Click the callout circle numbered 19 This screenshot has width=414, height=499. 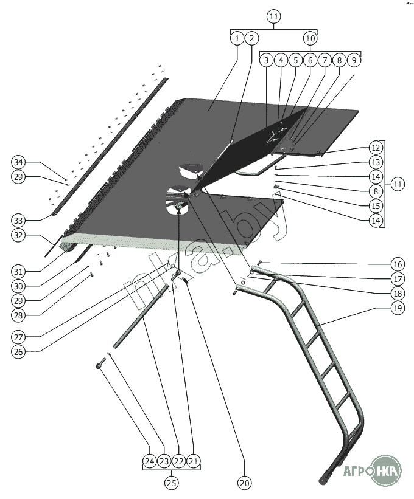[x=398, y=308]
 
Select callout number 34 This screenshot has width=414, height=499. [x=18, y=162]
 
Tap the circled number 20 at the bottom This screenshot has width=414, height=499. [x=245, y=483]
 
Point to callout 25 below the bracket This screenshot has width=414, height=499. [x=172, y=483]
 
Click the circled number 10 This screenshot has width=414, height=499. [x=310, y=38]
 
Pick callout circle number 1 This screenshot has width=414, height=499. [x=237, y=38]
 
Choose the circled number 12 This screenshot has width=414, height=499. [x=376, y=148]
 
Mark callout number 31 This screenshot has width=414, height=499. [x=18, y=272]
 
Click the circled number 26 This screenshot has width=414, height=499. [x=18, y=352]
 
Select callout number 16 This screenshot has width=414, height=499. [x=398, y=264]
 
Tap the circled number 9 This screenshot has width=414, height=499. [x=354, y=60]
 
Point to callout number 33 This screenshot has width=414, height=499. [x=18, y=221]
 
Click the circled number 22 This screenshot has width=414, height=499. [x=179, y=461]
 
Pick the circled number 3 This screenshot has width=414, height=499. [x=267, y=60]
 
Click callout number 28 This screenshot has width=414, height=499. [x=18, y=315]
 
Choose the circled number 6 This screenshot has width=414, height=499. [x=310, y=60]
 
